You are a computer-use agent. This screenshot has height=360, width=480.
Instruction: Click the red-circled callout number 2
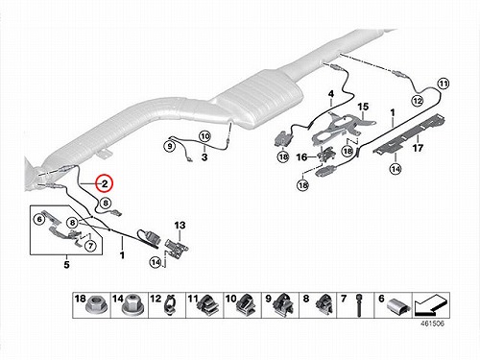[105, 183]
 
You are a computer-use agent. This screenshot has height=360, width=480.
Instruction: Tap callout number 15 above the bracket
[363, 107]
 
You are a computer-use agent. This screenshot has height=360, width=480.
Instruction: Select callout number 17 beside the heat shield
[418, 148]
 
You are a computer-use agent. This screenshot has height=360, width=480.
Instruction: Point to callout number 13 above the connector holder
[180, 226]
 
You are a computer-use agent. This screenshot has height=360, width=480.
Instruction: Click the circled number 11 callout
[444, 84]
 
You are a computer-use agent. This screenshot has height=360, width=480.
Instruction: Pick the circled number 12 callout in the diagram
[418, 101]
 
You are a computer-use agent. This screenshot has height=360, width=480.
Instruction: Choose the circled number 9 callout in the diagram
[170, 147]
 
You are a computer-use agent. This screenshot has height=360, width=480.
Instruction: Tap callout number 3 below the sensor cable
[204, 157]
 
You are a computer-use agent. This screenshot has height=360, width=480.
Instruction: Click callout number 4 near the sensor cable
[331, 94]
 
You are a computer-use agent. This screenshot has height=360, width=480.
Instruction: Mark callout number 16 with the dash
[301, 157]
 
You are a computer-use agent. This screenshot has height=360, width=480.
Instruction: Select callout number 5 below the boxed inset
[66, 265]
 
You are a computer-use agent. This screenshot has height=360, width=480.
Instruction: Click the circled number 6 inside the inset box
[39, 219]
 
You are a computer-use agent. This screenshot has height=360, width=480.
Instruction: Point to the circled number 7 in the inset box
[90, 246]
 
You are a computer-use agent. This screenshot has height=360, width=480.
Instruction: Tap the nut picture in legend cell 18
[93, 307]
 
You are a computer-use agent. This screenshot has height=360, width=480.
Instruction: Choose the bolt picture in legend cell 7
[359, 305]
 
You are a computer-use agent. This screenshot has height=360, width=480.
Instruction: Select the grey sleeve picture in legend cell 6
[397, 305]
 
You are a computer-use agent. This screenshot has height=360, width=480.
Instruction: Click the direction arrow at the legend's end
[431, 306]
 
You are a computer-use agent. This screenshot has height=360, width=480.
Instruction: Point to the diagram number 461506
[432, 324]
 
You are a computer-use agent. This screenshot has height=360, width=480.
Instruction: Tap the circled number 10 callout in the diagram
[204, 136]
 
